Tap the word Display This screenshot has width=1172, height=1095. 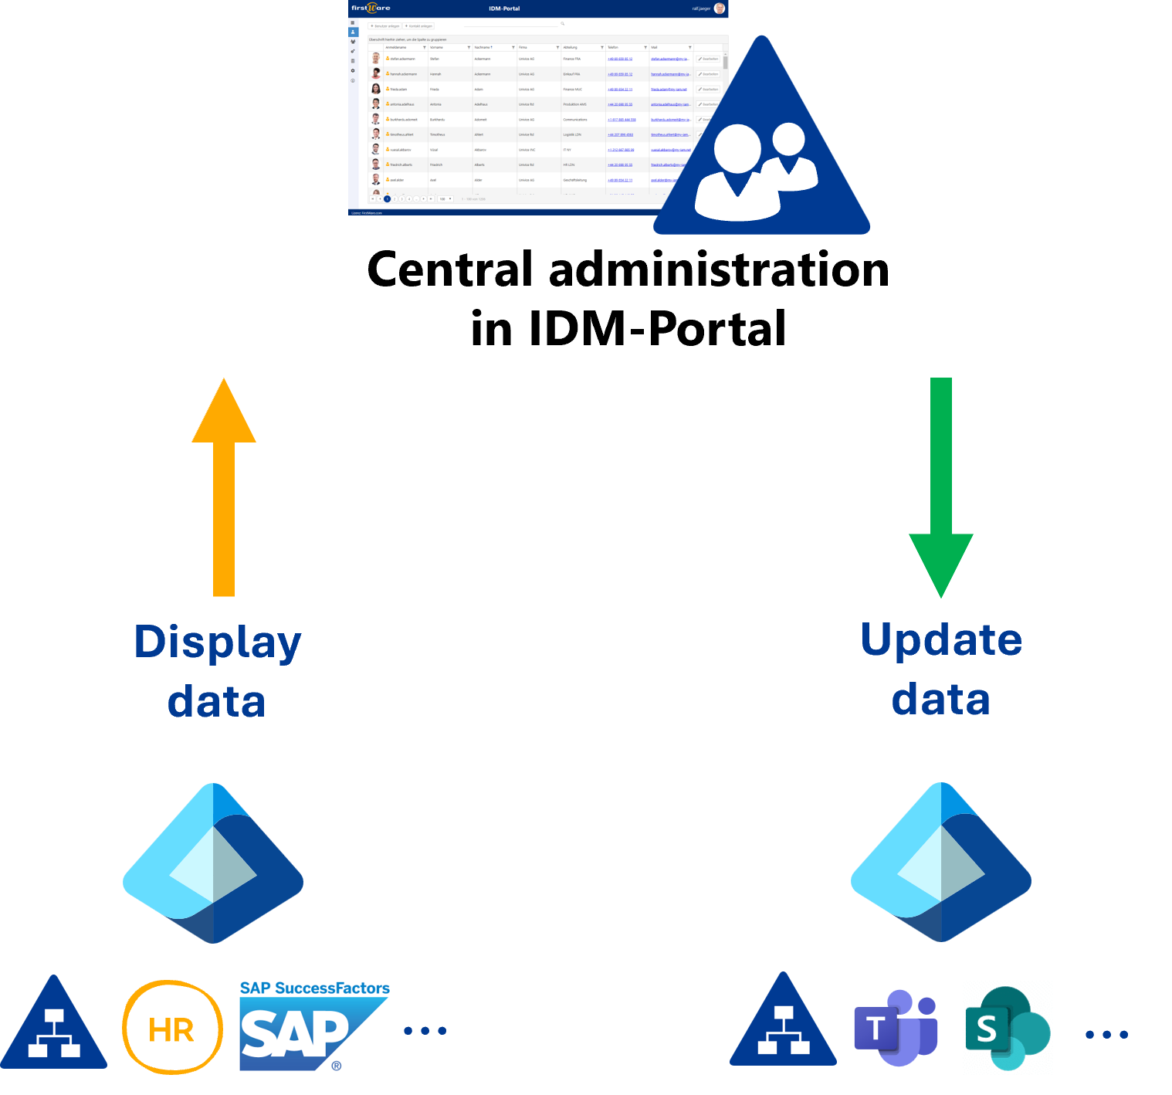tap(217, 642)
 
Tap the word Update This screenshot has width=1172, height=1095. tap(941, 640)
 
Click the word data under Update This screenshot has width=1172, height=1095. tap(940, 699)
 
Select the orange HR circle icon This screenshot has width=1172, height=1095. tap(172, 1029)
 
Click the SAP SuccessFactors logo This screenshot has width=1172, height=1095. tap(315, 1026)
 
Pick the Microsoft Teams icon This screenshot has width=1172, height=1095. tap(896, 1028)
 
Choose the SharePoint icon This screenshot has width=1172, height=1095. tap(1008, 1028)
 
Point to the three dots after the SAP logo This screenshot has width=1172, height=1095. tap(425, 1031)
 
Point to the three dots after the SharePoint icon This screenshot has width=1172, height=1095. tap(1106, 1035)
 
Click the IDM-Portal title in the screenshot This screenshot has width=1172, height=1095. tap(504, 8)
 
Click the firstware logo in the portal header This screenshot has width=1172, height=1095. tap(371, 8)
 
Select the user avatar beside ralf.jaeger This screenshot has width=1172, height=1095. tap(720, 8)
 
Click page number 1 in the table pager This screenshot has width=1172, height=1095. tap(388, 199)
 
